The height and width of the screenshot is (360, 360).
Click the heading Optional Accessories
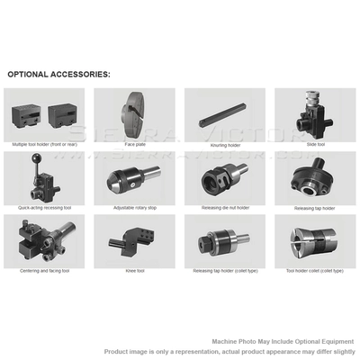[x=58, y=74]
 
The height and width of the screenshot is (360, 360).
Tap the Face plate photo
[x=135, y=113]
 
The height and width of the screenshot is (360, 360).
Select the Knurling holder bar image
[x=224, y=114]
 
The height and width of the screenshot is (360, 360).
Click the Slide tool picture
[x=314, y=113]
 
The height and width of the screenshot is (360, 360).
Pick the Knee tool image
[x=134, y=240]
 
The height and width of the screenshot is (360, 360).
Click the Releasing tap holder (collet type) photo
[x=224, y=240]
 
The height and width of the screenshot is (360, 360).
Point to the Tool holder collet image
[x=314, y=240]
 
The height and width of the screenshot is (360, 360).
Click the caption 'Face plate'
[x=134, y=144]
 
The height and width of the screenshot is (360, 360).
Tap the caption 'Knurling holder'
[x=224, y=144]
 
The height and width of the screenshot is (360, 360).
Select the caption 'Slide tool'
[x=314, y=144]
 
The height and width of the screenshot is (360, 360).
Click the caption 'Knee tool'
[x=134, y=270]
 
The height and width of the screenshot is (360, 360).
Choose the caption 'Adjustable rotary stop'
[x=134, y=207]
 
